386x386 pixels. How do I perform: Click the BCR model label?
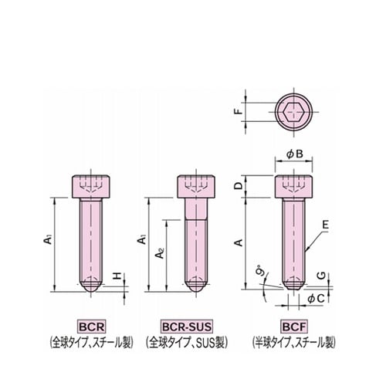pos(91,327)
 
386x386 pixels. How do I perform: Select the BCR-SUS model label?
pos(187,327)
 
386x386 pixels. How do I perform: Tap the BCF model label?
pos(294,327)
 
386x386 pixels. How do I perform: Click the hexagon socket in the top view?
pos(294,112)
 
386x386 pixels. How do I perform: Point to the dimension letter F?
pos(239,112)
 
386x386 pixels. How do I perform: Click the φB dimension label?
pos(295,154)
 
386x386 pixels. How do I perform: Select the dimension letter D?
pos(239,186)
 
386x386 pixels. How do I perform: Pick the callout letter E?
pos(326,225)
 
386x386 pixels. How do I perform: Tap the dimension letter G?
pos(321,276)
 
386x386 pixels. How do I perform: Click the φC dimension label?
pos(316,299)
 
